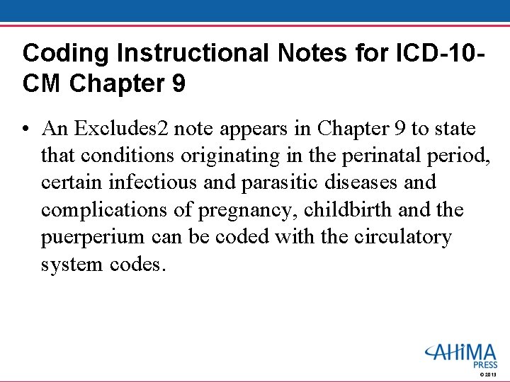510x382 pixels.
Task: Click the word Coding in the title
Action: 57,53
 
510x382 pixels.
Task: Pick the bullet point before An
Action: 26,129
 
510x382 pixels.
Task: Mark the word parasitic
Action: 275,183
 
